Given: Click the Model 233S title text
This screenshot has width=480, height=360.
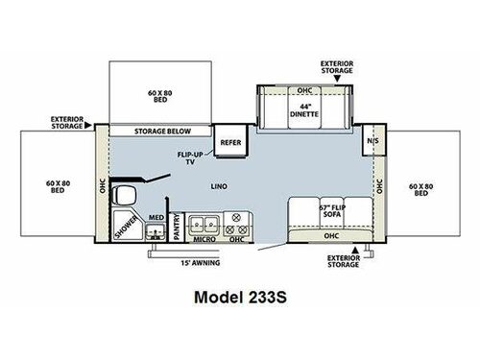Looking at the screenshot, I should click(240, 298).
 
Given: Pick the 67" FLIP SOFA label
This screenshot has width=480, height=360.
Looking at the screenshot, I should click(318, 211).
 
